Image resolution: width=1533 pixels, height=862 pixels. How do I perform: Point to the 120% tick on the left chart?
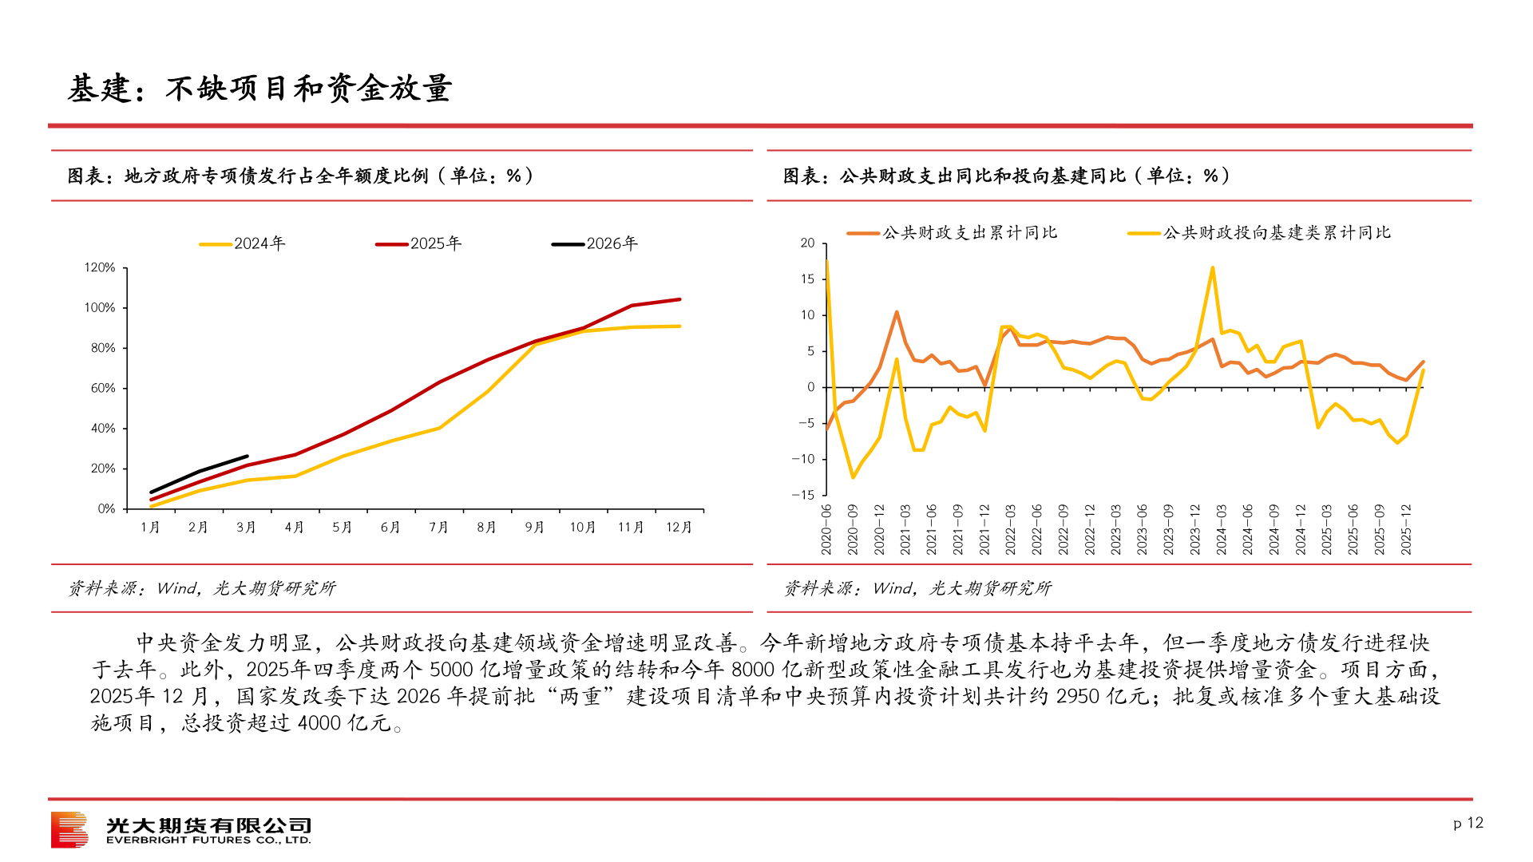point(100,267)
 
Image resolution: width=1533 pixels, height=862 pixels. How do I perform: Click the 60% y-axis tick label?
point(103,388)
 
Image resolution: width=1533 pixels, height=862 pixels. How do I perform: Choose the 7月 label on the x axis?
point(438,528)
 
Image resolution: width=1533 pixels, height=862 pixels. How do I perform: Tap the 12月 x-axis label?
point(679,528)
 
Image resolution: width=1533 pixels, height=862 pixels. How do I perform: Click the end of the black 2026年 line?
point(247,457)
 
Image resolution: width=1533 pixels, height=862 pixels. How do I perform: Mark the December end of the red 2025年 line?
point(679,299)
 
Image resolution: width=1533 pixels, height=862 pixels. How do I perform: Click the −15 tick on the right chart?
point(803,495)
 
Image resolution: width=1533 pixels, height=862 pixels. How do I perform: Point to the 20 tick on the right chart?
point(807,243)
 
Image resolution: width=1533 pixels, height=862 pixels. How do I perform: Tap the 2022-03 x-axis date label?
point(1011,529)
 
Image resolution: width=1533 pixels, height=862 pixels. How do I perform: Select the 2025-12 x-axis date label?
point(1406,529)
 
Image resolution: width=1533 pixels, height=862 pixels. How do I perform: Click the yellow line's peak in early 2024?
point(1212,268)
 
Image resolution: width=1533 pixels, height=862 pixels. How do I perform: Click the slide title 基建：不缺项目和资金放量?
point(260,89)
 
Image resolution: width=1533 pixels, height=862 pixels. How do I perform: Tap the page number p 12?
point(1468,823)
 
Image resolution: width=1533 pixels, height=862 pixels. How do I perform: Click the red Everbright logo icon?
point(69,830)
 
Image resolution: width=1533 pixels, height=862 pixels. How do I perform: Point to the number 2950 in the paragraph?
point(1078,697)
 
